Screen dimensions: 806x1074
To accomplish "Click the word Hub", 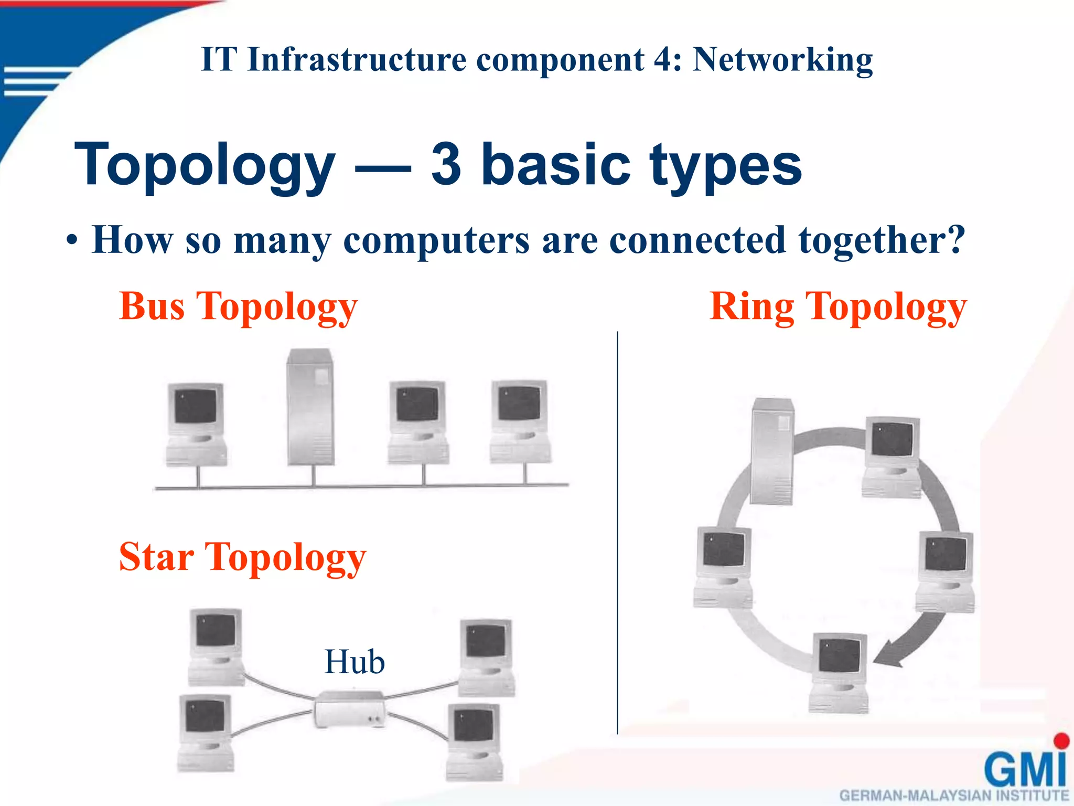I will pyautogui.click(x=355, y=662).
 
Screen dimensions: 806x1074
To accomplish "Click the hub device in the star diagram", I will pyautogui.click(x=350, y=709).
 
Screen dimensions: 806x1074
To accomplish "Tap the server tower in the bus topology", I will pyautogui.click(x=310, y=407).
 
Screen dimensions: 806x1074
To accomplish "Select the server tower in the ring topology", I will pyautogui.click(x=772, y=451).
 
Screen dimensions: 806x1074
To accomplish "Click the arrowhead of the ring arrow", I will pyautogui.click(x=886, y=656).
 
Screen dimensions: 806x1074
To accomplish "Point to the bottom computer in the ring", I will pyautogui.click(x=838, y=672).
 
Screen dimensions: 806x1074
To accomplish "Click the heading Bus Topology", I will pyautogui.click(x=238, y=306).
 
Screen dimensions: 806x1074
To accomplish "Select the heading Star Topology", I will pyautogui.click(x=242, y=557).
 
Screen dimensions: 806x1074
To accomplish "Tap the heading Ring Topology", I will pyautogui.click(x=837, y=306).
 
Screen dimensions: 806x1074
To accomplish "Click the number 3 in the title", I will pyautogui.click(x=446, y=164).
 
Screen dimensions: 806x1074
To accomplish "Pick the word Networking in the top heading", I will pyautogui.click(x=782, y=59).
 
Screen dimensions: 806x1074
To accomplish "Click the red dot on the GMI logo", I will pyautogui.click(x=1061, y=740).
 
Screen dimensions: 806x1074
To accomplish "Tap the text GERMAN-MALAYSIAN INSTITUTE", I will pyautogui.click(x=954, y=796).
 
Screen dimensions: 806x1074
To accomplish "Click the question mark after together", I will pyautogui.click(x=955, y=239).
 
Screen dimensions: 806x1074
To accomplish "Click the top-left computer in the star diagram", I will pyautogui.click(x=216, y=645).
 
